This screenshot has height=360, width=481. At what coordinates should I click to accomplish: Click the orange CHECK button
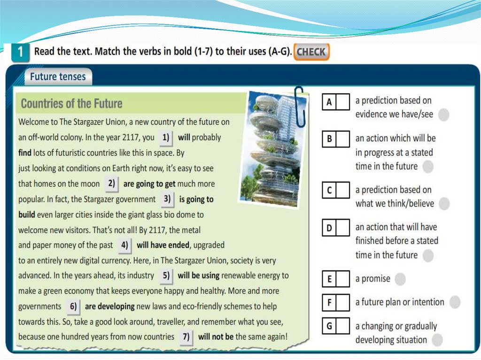[311, 52]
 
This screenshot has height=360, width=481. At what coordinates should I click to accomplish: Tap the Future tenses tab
[58, 77]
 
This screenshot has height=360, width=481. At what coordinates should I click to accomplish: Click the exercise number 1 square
[20, 52]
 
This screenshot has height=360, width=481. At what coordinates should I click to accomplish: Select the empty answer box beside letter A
[343, 101]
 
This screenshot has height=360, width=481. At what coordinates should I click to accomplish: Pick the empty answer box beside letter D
[343, 228]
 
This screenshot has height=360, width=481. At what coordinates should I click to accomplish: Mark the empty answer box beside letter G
[343, 326]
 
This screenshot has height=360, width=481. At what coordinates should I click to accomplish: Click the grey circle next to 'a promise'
[400, 279]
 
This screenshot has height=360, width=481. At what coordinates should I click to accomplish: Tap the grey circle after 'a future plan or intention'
[455, 302]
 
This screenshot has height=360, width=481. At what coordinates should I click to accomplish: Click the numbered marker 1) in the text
[166, 138]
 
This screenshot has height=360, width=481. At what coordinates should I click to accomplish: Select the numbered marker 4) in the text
[124, 245]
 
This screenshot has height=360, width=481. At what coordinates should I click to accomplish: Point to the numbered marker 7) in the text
[186, 337]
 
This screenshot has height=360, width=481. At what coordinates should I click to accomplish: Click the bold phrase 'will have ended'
[163, 245]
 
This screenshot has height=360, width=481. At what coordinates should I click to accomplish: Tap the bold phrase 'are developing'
[110, 306]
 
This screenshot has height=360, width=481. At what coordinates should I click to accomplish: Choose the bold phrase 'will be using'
[199, 276]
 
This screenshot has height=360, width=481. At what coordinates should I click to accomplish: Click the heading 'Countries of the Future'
[71, 104]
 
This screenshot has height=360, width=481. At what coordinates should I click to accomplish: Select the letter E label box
[329, 279]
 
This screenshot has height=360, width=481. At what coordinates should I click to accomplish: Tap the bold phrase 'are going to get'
[149, 184]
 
